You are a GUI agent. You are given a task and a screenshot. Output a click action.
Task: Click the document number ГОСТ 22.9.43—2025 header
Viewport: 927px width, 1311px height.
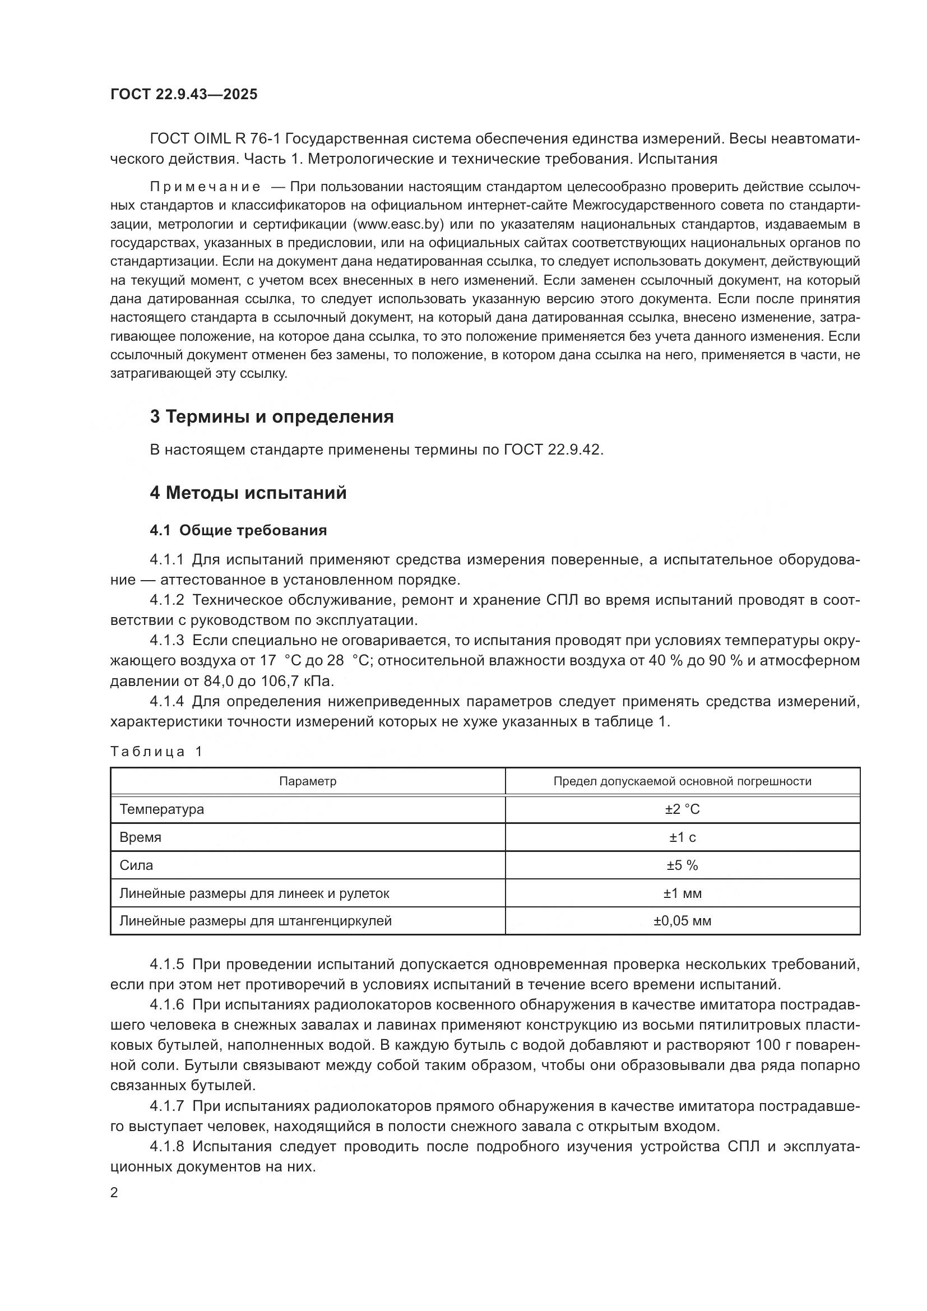pos(184,94)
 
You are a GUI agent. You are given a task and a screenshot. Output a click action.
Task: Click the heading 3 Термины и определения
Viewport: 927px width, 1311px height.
pos(272,417)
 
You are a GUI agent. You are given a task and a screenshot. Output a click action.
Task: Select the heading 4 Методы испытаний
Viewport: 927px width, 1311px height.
pos(248,493)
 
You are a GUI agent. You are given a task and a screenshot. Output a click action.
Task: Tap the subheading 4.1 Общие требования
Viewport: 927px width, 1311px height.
pos(239,530)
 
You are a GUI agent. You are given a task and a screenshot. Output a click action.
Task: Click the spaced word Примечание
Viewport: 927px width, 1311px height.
pos(206,187)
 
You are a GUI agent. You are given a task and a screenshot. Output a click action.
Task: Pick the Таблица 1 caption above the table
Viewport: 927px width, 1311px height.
pos(156,752)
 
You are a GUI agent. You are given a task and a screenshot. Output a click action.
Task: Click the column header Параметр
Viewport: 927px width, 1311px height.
pos(308,781)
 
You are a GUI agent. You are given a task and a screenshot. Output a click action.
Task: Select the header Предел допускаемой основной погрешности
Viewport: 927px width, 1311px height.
pos(682,781)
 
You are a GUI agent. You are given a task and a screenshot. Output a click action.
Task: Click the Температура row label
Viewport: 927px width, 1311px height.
pos(161,809)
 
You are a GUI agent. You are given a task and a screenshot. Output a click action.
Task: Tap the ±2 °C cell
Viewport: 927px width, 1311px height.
pos(682,809)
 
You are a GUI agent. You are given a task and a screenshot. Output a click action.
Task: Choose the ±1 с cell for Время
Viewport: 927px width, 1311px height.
pos(682,837)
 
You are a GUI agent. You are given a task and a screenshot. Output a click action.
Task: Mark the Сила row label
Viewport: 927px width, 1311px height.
pos(136,865)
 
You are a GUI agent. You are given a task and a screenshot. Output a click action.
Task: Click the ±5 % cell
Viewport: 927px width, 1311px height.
pos(682,865)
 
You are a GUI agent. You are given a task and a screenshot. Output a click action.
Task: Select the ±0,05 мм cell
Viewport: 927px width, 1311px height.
pos(682,920)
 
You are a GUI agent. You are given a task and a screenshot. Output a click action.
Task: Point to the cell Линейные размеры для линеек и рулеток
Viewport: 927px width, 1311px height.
pos(254,893)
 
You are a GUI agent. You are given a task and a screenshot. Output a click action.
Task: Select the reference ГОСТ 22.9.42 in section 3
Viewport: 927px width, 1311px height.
pos(553,450)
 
